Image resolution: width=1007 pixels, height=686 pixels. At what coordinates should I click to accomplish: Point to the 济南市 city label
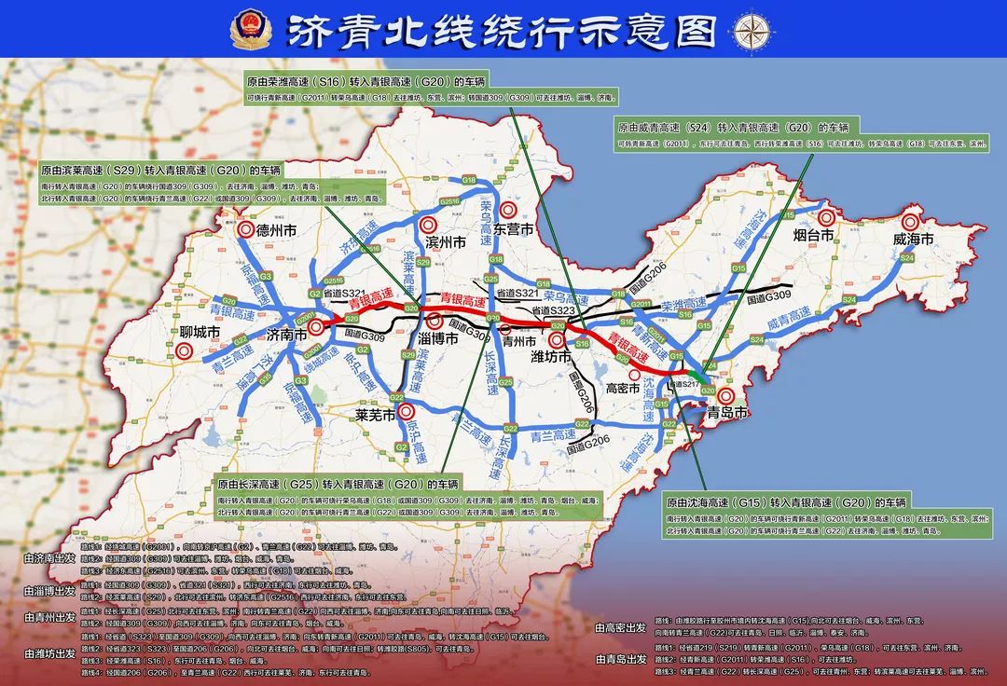coord(288,335)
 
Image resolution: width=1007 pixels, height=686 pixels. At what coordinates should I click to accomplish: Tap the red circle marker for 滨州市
coord(428,225)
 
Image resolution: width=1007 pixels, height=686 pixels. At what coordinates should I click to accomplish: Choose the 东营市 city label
coord(513,230)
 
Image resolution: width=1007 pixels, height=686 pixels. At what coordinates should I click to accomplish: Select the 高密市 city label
coord(622,387)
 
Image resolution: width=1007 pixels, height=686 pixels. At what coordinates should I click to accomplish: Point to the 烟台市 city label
coord(812,236)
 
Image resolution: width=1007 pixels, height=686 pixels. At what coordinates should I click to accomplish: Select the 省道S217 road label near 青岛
coord(685,384)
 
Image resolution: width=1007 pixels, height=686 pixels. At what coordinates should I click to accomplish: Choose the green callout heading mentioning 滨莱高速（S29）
coord(159,171)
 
